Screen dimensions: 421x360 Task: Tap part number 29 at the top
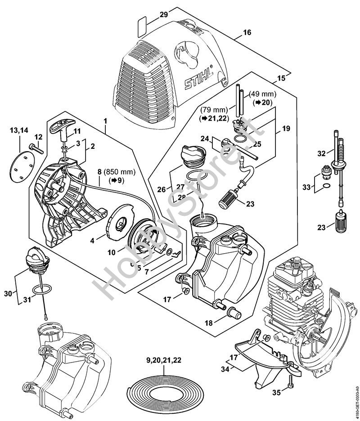(163, 14)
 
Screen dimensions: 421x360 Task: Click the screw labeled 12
(34, 147)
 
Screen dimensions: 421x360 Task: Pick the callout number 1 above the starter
(105, 121)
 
